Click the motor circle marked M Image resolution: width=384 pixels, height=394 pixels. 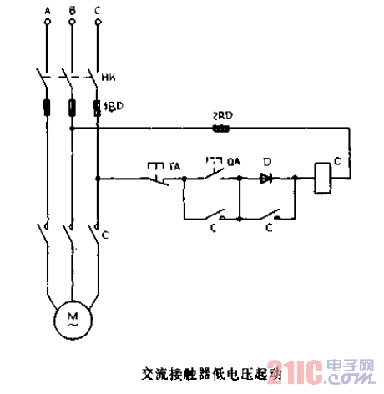pos(72,319)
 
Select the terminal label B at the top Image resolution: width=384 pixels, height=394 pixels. pos(72,11)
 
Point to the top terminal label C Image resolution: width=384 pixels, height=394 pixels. pos(99,11)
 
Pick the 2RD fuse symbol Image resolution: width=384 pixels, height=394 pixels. pos(221,129)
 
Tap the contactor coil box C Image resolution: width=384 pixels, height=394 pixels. pos(323,177)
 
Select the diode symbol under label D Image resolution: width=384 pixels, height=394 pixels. pos(267,178)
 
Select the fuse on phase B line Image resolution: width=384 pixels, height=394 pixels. pos(72,107)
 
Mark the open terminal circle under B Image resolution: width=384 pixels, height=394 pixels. pos(72,26)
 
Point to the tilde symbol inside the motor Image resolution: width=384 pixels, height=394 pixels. pos(72,326)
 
